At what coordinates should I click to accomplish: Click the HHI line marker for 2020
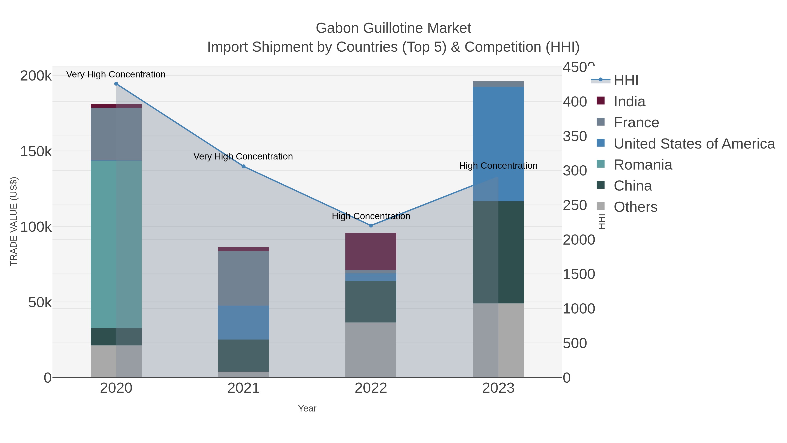tap(116, 84)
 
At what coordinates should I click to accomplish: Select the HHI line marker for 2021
tap(244, 166)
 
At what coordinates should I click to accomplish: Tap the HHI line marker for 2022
tap(371, 226)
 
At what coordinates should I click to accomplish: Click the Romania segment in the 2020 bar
tap(116, 245)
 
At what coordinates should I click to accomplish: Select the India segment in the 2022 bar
tap(371, 251)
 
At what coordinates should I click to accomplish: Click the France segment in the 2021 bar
tap(244, 278)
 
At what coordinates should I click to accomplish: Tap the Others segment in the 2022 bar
tap(371, 350)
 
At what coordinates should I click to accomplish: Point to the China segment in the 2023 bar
tap(498, 252)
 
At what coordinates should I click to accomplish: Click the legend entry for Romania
tap(643, 165)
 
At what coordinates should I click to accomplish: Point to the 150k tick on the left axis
tap(36, 151)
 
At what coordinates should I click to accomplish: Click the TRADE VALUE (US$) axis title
tap(14, 221)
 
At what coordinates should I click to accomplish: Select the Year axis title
tap(307, 408)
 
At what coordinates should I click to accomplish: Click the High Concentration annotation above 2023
tap(498, 166)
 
